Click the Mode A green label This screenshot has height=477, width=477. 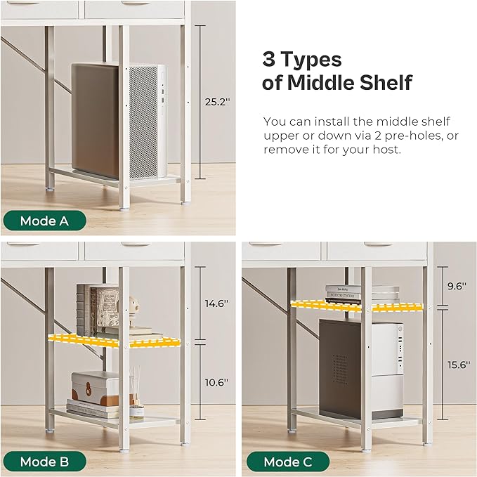pyautogui.click(x=44, y=221)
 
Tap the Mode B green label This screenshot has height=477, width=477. pyautogui.click(x=44, y=462)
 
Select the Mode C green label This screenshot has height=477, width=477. pyautogui.click(x=288, y=462)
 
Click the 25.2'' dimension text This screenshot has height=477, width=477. pyautogui.click(x=218, y=102)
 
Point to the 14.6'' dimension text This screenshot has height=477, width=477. pyautogui.click(x=216, y=303)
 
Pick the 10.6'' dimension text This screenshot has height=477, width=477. pyautogui.click(x=216, y=382)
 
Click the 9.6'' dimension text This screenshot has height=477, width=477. pyautogui.click(x=457, y=286)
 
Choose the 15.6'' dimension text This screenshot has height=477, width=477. pyautogui.click(x=459, y=365)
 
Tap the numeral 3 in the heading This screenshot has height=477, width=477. pyautogui.click(x=268, y=59)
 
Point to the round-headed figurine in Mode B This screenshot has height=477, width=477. pyautogui.click(x=133, y=311)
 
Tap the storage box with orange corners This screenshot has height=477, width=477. pyautogui.click(x=96, y=388)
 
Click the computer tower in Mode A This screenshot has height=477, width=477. pyautogui.click(x=119, y=122)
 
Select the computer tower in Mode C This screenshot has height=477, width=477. pyautogui.click(x=361, y=368)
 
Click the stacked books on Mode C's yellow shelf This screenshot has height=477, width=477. pyautogui.click(x=362, y=294)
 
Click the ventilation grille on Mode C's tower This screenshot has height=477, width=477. pyautogui.click(x=340, y=369)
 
